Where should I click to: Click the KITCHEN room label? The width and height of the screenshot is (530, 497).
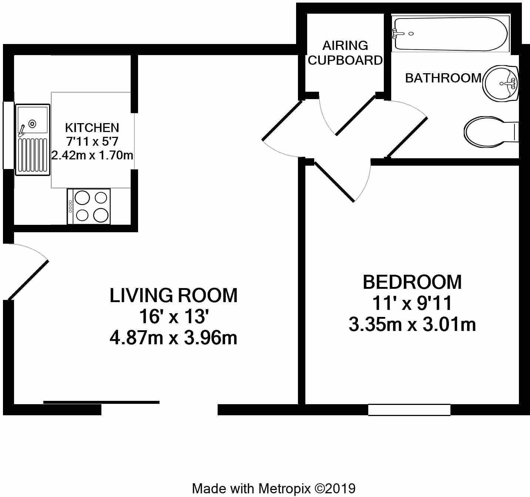pyautogui.click(x=92, y=128)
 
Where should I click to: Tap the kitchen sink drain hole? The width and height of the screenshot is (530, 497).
pyautogui.click(x=33, y=124)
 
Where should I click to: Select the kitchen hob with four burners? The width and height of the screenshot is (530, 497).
pyautogui.click(x=89, y=206)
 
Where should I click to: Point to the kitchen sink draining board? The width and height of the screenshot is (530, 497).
pyautogui.click(x=33, y=155)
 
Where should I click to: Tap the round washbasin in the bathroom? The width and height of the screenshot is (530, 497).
pyautogui.click(x=501, y=84)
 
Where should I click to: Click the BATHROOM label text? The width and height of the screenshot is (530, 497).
pyautogui.click(x=443, y=78)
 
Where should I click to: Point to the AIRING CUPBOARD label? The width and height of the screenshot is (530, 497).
pyautogui.click(x=345, y=53)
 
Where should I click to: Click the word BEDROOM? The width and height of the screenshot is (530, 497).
pyautogui.click(x=412, y=282)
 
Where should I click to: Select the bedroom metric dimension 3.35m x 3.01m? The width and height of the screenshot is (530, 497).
pyautogui.click(x=412, y=325)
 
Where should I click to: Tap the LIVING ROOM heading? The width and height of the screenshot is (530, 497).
pyautogui.click(x=174, y=295)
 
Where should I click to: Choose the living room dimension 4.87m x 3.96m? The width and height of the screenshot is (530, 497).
pyautogui.click(x=174, y=338)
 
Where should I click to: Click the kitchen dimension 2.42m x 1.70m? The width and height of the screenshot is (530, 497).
pyautogui.click(x=92, y=155)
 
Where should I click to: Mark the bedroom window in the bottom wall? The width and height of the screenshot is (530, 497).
pyautogui.click(x=409, y=410)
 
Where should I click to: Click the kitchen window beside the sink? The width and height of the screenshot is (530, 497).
pyautogui.click(x=8, y=135)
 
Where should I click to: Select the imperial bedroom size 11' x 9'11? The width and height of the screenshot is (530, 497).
pyautogui.click(x=412, y=303)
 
